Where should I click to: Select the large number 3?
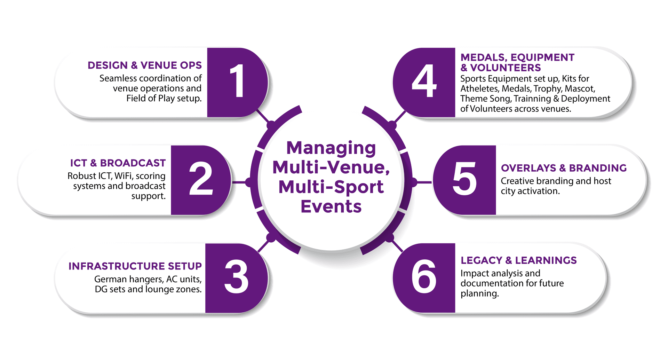pyautogui.click(x=236, y=277)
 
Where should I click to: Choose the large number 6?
pyautogui.click(x=424, y=277)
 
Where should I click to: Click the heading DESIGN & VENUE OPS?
pyautogui.click(x=144, y=65)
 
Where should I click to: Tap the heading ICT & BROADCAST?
pyautogui.click(x=118, y=163)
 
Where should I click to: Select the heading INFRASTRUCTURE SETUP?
pyautogui.click(x=135, y=266)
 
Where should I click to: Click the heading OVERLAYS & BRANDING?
pyautogui.click(x=564, y=168)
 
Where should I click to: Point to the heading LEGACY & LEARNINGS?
pyautogui.click(x=518, y=260)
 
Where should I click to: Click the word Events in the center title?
pyautogui.click(x=331, y=206)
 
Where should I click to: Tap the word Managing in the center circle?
pyautogui.click(x=331, y=149)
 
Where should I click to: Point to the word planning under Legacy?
pyautogui.click(x=479, y=294)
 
